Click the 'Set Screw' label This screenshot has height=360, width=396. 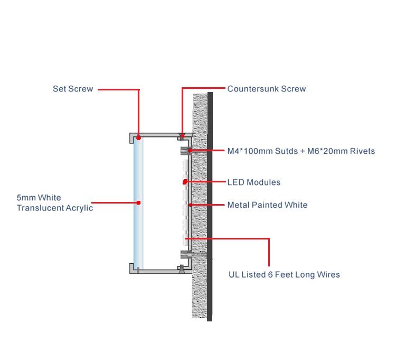pyautogui.click(x=73, y=89)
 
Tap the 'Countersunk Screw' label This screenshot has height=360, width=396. pyautogui.click(x=266, y=89)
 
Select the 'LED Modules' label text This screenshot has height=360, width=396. pyautogui.click(x=253, y=182)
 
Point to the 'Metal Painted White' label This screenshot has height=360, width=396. pyautogui.click(x=267, y=205)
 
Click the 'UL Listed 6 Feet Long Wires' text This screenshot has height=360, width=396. pyautogui.click(x=284, y=274)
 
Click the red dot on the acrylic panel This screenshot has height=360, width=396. pyautogui.click(x=138, y=202)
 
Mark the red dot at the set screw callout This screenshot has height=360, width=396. pyautogui.click(x=139, y=137)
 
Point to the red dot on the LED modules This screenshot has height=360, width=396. pyautogui.click(x=185, y=182)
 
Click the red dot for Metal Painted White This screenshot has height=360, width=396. pyautogui.click(x=189, y=205)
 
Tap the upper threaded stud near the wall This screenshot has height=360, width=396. pyautogui.click(x=187, y=151)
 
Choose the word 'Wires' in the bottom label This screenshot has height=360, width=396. pyautogui.click(x=328, y=274)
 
